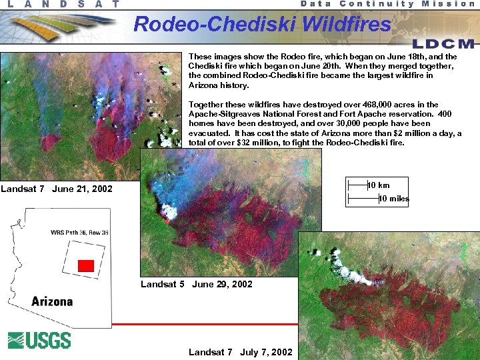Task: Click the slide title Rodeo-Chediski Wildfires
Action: [262, 25]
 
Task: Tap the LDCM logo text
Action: [443, 44]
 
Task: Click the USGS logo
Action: [39, 340]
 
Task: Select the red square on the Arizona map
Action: [85, 265]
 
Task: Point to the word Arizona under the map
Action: [52, 301]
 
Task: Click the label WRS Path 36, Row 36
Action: [79, 233]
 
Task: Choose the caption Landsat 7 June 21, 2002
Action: [57, 189]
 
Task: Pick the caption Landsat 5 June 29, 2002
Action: [197, 284]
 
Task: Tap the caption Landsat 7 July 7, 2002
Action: [240, 352]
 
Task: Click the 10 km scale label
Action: [379, 185]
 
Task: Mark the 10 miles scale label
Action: [393, 199]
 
